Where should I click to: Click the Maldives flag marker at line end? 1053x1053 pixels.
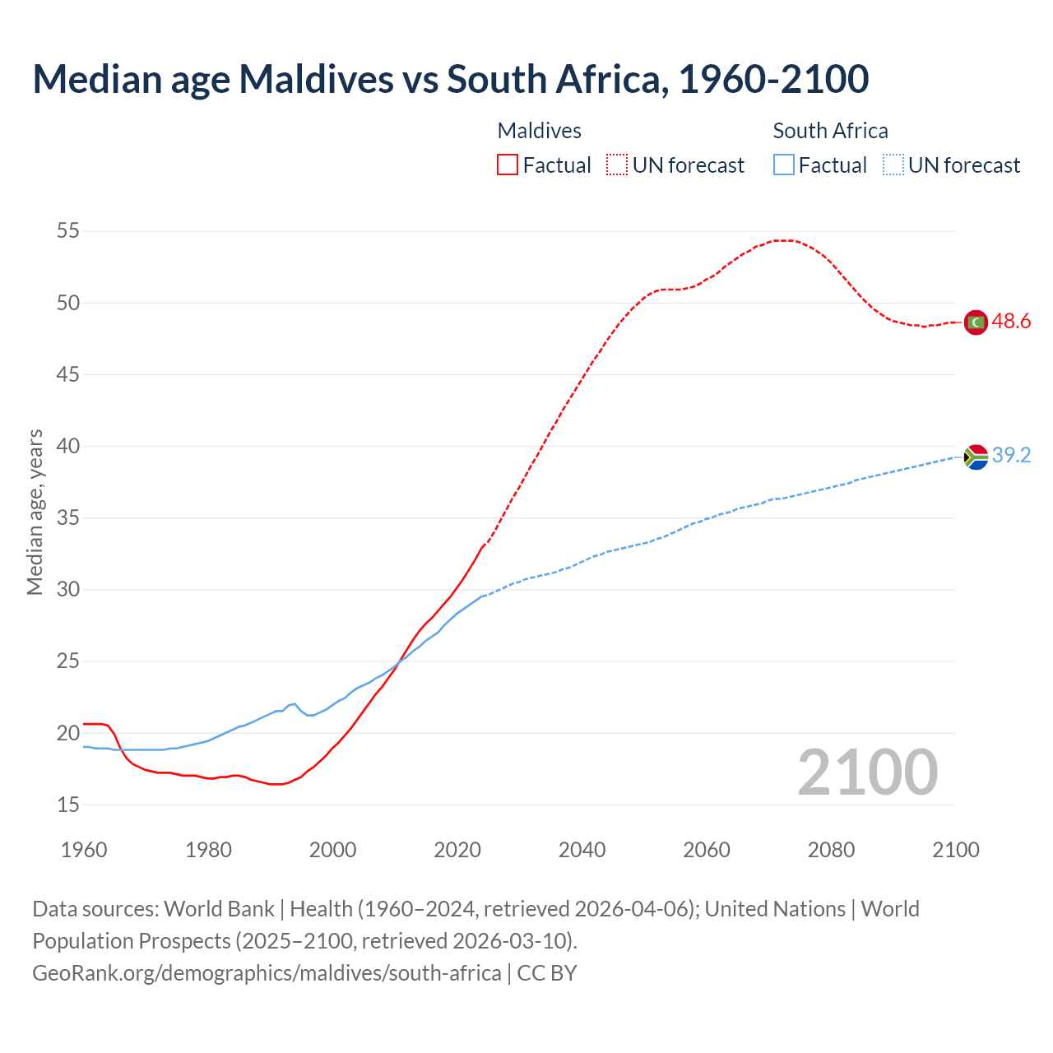pyautogui.click(x=976, y=322)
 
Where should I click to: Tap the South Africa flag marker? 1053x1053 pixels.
pyautogui.click(x=976, y=457)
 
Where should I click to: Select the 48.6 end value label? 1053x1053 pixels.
pyautogui.click(x=1011, y=322)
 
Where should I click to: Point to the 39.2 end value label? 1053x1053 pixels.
pyautogui.click(x=1011, y=456)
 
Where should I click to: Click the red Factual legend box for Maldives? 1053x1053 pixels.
pyautogui.click(x=508, y=165)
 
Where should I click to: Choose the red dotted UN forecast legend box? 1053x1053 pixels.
pyautogui.click(x=617, y=165)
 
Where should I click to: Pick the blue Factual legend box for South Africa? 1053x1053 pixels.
pyautogui.click(x=784, y=165)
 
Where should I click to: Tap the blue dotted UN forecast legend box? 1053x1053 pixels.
pyautogui.click(x=893, y=165)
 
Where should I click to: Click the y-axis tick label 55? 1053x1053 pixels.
pyautogui.click(x=68, y=231)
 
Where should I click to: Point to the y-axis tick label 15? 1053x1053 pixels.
pyautogui.click(x=68, y=805)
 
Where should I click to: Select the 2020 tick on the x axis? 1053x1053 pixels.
pyautogui.click(x=457, y=850)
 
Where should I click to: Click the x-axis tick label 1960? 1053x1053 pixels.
pyautogui.click(x=84, y=850)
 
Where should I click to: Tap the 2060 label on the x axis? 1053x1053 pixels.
pyautogui.click(x=707, y=850)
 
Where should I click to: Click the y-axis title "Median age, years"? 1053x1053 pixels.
pyautogui.click(x=35, y=512)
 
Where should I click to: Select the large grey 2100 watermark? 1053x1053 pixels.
pyautogui.click(x=868, y=772)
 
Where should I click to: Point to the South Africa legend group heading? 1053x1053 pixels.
pyautogui.click(x=830, y=131)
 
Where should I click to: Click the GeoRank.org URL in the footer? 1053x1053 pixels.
pyautogui.click(x=267, y=973)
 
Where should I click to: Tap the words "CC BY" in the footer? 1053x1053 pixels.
pyautogui.click(x=547, y=973)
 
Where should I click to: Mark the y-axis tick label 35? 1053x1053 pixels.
pyautogui.click(x=68, y=518)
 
